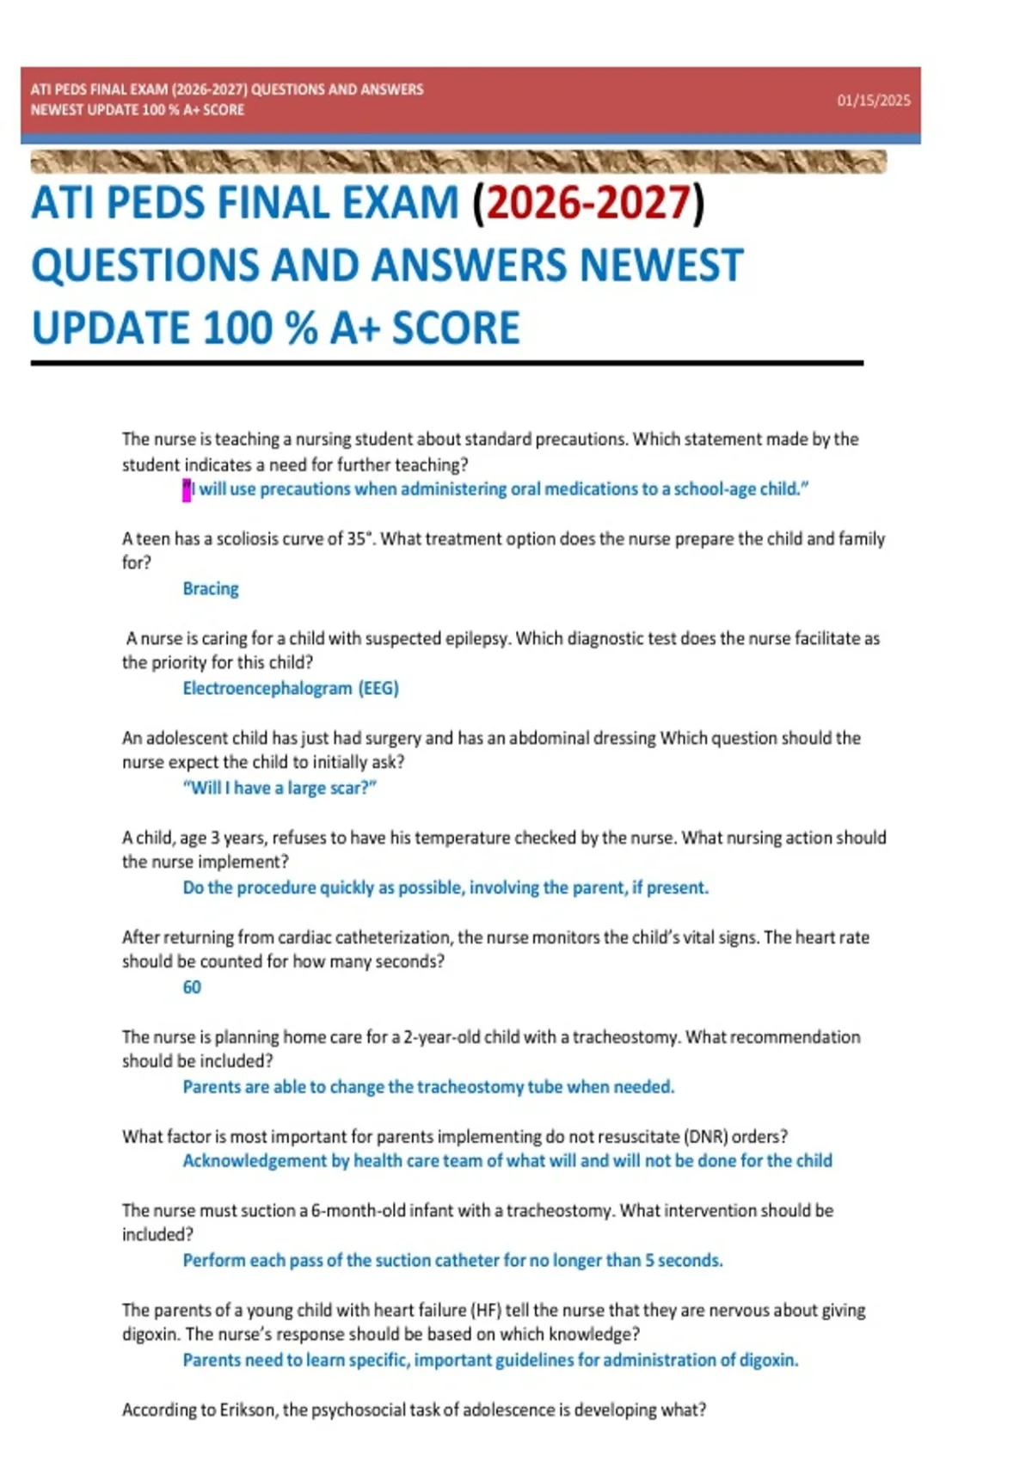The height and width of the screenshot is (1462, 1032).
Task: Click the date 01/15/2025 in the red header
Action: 873,101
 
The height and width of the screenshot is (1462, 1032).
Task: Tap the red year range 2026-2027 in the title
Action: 588,203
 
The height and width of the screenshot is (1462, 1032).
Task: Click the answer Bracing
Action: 211,589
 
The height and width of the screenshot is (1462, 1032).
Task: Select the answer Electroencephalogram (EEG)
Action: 291,689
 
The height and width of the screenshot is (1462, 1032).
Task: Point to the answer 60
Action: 192,987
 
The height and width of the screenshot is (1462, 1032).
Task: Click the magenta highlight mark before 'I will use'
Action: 187,490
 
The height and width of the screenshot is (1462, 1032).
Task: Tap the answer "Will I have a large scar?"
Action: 279,789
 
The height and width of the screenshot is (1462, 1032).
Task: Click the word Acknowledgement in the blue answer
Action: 255,1161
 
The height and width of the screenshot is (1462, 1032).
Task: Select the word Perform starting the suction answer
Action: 213,1261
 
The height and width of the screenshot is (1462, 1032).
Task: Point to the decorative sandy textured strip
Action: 458,162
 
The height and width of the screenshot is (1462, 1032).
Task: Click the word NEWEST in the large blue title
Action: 660,266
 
